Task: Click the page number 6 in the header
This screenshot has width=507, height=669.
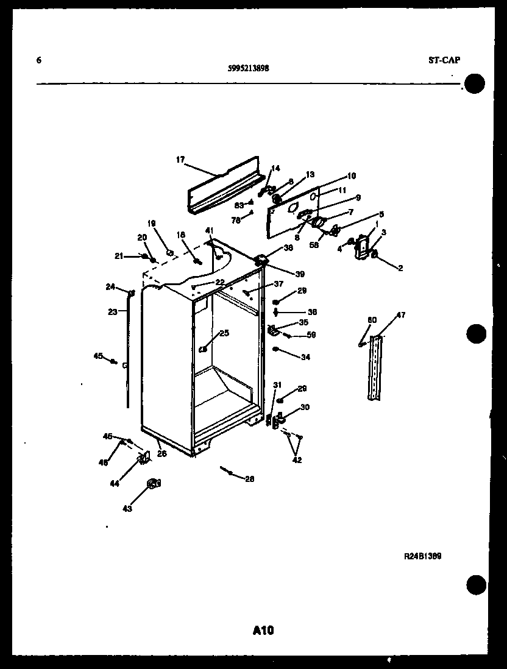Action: point(39,60)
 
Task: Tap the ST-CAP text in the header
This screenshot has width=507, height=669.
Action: point(444,60)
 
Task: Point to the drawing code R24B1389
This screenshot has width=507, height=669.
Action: point(422,556)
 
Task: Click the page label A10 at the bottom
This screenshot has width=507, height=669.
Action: point(263,630)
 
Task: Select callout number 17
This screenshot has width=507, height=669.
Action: point(180,160)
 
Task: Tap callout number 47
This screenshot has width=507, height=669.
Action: point(400,315)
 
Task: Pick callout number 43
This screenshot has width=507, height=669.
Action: point(127,509)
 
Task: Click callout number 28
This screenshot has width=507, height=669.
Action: point(249,479)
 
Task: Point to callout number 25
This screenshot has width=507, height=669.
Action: point(224,333)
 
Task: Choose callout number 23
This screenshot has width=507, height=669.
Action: point(112,312)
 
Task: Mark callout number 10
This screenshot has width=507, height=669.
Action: point(351,176)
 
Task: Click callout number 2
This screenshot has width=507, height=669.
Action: point(400,267)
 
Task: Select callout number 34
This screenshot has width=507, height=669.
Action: point(305,357)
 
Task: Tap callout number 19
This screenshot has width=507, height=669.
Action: point(152,223)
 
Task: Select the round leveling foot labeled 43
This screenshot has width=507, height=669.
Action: point(153,484)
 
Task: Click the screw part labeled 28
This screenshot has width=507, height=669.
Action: point(227,470)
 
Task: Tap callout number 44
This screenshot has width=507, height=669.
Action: point(115,483)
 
